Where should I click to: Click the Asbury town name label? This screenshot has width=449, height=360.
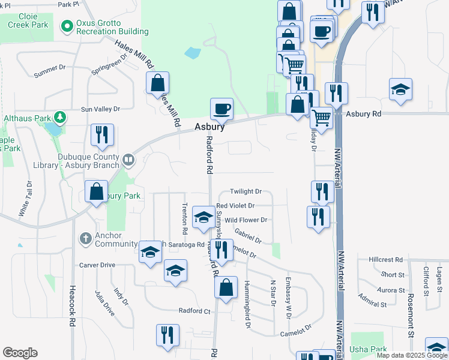tap(209, 127)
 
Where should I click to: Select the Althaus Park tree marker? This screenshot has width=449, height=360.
tap(60, 116)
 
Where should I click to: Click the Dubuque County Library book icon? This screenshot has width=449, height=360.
tap(128, 160)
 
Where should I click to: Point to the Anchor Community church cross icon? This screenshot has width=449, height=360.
tap(85, 239)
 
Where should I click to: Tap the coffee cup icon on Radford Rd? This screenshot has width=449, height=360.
tap(221, 109)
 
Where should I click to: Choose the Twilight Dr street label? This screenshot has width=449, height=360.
tap(246, 191)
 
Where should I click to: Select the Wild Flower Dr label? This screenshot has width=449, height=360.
tap(245, 220)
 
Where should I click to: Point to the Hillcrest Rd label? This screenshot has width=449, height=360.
tap(385, 260)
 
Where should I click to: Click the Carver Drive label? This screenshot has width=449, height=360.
tap(97, 265)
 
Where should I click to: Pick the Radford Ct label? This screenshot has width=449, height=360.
tap(194, 311)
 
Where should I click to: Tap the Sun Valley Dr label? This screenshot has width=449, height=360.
tap(100, 109)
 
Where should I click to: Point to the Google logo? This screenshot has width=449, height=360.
tap(20, 353)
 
